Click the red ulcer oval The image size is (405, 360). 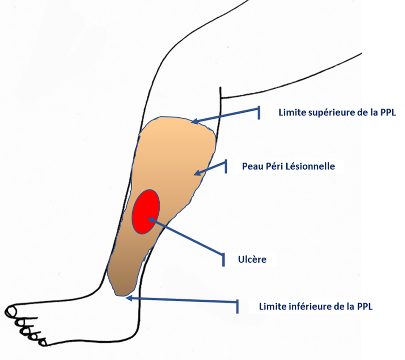146,211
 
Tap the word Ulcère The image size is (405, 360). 252,259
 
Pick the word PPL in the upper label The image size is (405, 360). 388,113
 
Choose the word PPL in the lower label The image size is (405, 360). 364,307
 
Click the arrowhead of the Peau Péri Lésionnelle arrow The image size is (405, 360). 197,173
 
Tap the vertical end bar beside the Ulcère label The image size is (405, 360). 223,259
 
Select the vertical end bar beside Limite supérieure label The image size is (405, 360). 259,113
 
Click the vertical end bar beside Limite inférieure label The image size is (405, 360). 237,307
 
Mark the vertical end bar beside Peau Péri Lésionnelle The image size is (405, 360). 226,166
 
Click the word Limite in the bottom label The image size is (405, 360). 272,307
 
